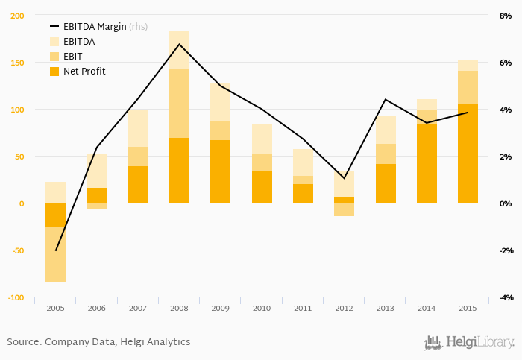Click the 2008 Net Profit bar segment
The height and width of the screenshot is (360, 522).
coord(179,170)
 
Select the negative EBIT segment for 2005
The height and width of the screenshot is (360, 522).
coord(56,254)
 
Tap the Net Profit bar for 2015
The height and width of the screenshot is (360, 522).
coord(468,154)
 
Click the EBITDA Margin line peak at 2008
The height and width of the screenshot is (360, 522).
coord(179,44)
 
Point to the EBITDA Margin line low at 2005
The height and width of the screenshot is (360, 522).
coord(56,250)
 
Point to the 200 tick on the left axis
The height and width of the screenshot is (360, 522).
coord(17,16)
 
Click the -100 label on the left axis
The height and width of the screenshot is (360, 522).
coord(16,297)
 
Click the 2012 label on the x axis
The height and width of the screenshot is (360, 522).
coord(344,307)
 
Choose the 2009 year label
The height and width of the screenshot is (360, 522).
coord(220,307)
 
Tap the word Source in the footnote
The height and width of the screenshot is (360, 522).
coord(23,342)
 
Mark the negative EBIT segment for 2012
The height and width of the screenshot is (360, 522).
coord(344,209)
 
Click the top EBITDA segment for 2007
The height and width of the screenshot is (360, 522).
coord(138,128)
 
